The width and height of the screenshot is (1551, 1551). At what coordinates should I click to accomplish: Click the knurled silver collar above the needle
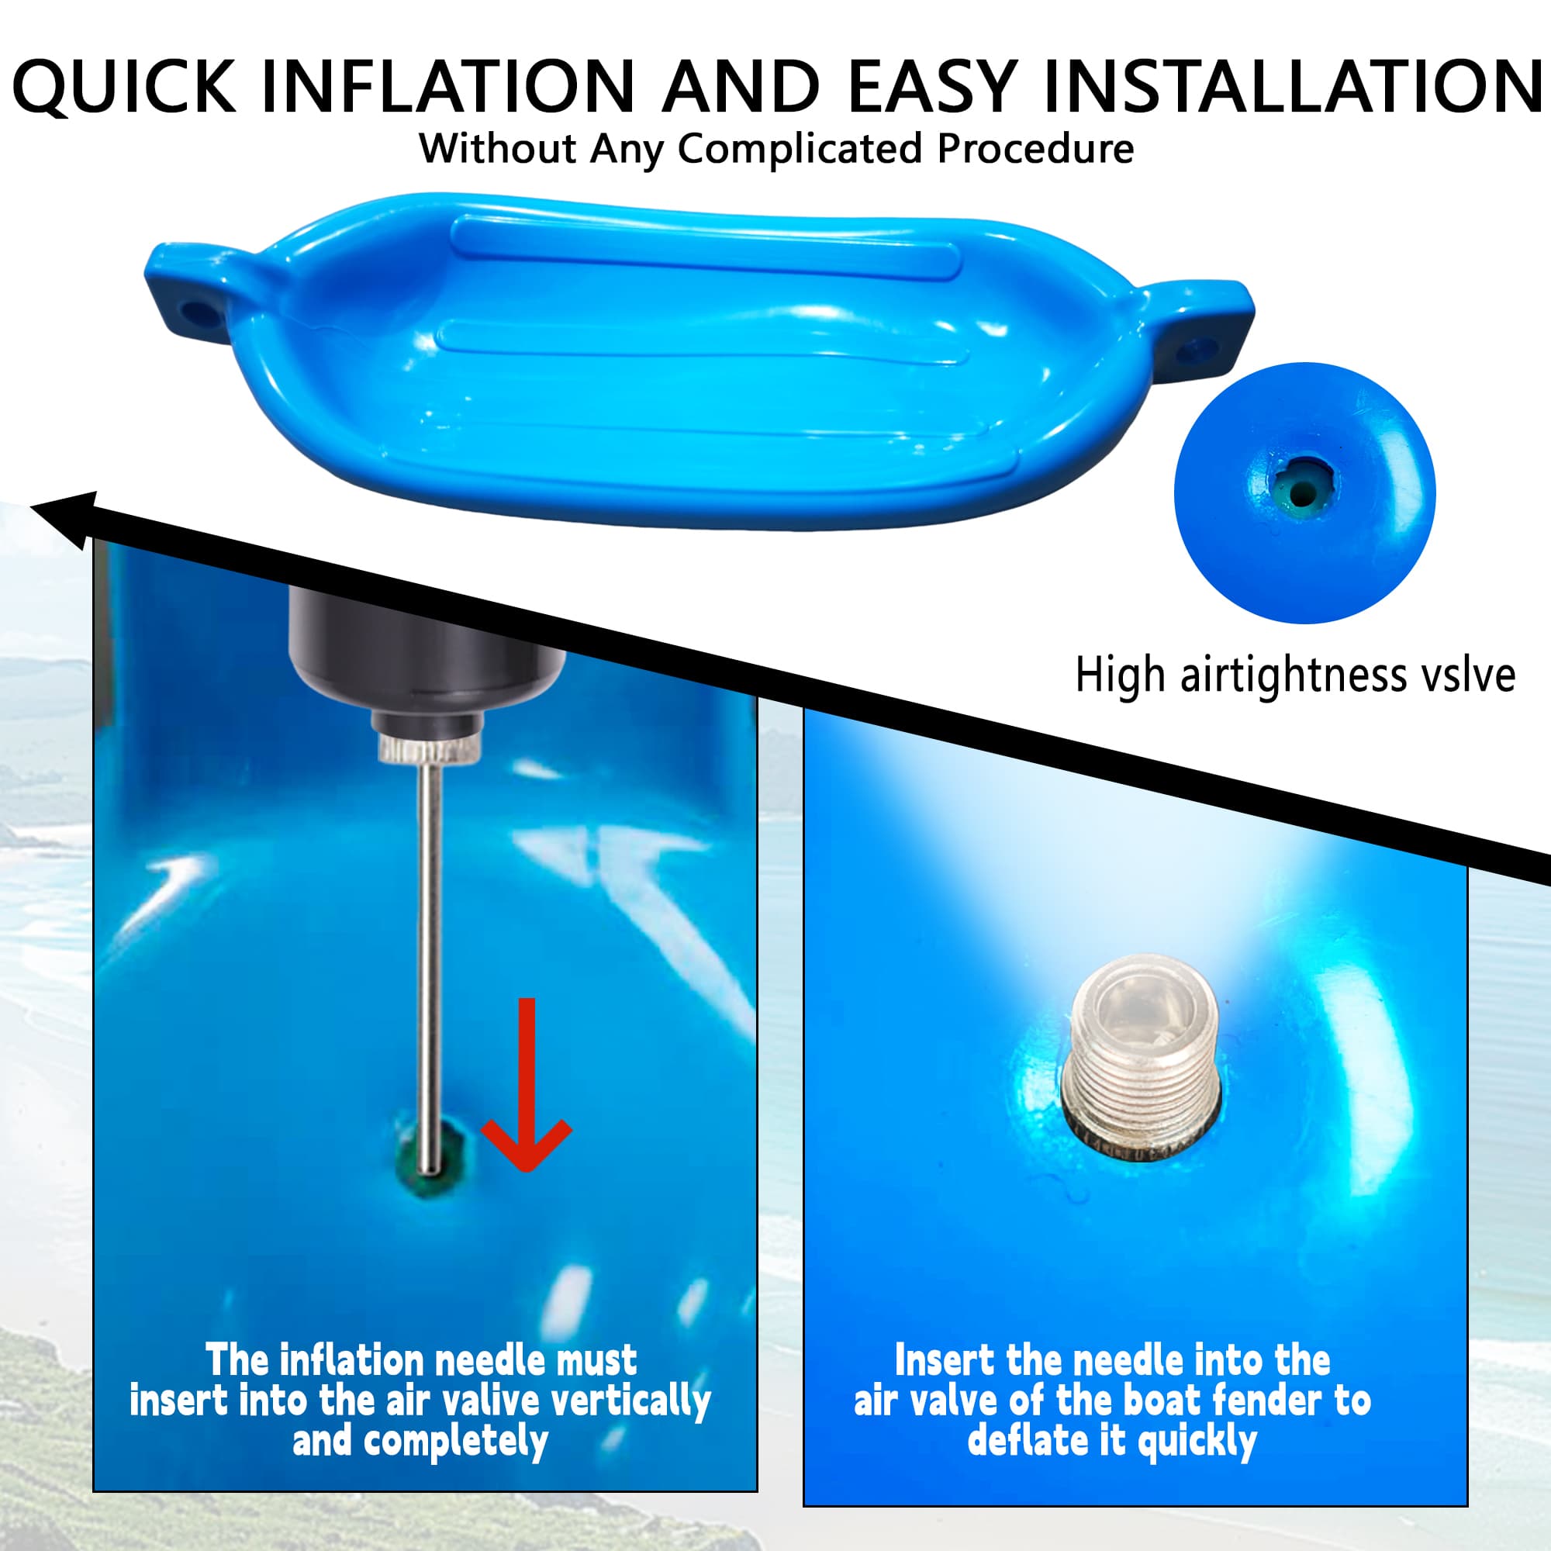point(430,749)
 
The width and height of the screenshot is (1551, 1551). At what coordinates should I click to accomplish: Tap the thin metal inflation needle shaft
point(430,967)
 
